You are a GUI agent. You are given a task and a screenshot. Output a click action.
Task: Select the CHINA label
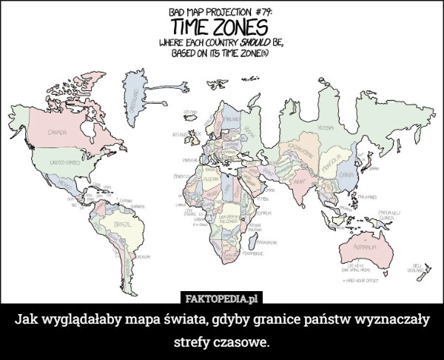click(348, 175)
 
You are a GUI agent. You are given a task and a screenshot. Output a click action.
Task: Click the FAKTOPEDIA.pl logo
click(222, 299)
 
